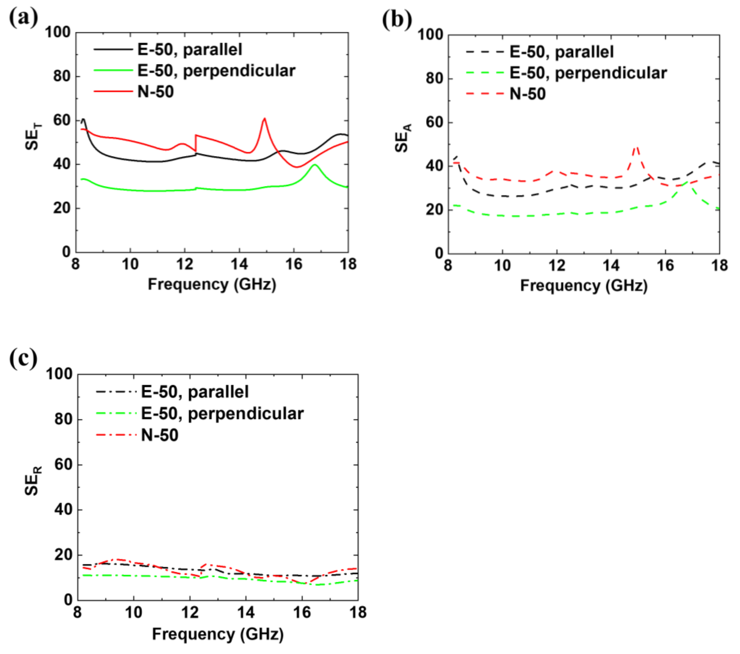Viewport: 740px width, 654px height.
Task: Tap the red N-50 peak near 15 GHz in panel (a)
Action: [264, 119]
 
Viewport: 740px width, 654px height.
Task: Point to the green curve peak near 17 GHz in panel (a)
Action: [314, 165]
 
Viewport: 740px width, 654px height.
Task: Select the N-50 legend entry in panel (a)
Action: [155, 91]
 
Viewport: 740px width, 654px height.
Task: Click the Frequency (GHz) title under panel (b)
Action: [584, 286]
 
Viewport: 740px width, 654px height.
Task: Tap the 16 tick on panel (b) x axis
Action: [665, 266]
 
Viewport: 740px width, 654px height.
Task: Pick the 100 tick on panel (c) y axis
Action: [59, 374]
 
